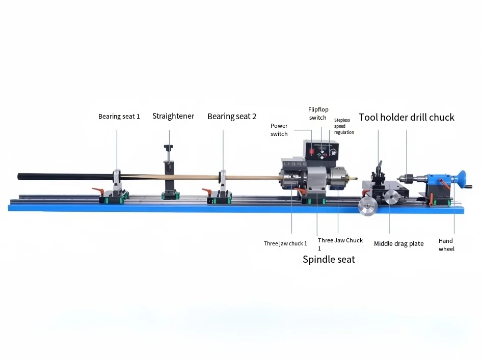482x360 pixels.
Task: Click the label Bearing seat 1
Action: [x=119, y=117]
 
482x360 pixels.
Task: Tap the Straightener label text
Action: [x=173, y=116]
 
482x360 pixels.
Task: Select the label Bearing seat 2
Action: [x=231, y=117]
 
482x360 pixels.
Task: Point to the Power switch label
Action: [x=279, y=130]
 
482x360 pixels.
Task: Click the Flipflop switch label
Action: [x=317, y=114]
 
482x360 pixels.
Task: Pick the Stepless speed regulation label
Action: [x=343, y=126]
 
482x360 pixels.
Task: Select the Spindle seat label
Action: [x=329, y=260]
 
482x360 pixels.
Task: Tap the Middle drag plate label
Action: [x=398, y=244]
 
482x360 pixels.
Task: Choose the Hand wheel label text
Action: [x=446, y=245]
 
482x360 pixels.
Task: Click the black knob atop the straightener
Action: [x=168, y=147]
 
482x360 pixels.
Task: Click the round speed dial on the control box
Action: [x=334, y=151]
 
